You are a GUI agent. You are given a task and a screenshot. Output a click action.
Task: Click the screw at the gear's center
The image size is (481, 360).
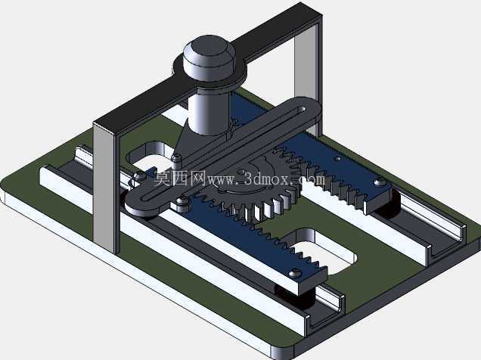click(241, 172)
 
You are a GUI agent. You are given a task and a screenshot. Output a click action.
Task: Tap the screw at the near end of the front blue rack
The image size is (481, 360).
click(295, 272)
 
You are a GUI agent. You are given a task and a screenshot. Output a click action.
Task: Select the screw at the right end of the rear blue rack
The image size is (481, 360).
click(379, 182)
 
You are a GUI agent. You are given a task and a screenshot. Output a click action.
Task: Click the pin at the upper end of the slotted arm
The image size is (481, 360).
click(303, 109)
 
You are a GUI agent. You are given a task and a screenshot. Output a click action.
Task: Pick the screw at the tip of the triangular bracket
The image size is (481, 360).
click(175, 158)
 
